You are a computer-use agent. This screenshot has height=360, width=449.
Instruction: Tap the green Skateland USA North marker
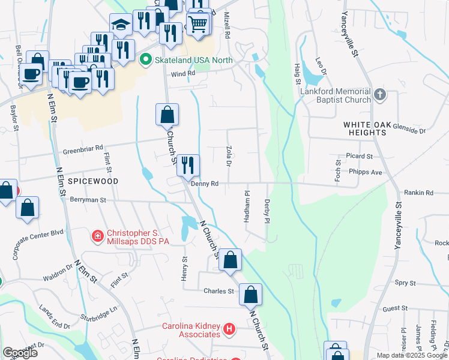pyautogui.click(x=145, y=60)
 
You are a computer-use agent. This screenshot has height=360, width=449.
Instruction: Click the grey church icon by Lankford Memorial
pyautogui.click(x=379, y=95)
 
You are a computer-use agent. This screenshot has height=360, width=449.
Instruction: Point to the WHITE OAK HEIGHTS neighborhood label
pyautogui.click(x=367, y=125)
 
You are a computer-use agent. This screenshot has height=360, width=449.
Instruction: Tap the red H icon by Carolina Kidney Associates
pyautogui.click(x=228, y=329)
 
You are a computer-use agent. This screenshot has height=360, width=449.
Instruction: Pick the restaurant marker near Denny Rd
pyautogui.click(x=188, y=165)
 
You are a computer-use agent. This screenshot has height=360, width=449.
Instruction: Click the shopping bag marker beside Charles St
pyautogui.click(x=251, y=294)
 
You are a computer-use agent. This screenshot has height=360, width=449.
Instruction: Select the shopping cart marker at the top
pyautogui.click(x=197, y=24)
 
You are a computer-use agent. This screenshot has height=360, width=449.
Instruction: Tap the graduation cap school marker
pyautogui.click(x=121, y=25)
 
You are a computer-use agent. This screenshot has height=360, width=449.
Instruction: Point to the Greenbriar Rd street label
pyautogui.click(x=83, y=146)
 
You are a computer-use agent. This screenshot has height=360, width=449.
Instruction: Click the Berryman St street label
pyautogui.click(x=88, y=199)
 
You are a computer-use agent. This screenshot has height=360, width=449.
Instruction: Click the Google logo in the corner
pyautogui.click(x=20, y=353)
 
